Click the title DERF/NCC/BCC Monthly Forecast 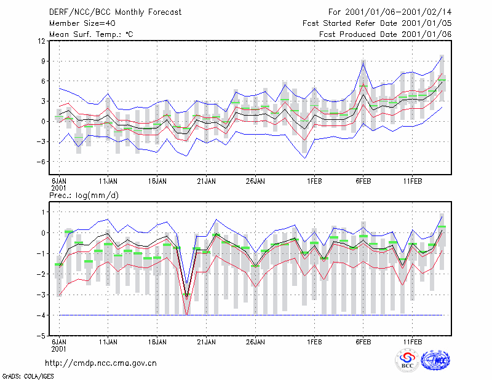[x=115, y=12]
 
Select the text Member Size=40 [x=82, y=23]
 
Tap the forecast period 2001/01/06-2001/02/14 [x=398, y=12]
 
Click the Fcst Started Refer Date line [x=377, y=23]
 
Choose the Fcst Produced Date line [x=385, y=34]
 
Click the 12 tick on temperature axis [x=42, y=41]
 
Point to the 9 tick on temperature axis [x=43, y=61]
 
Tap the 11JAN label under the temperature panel [x=108, y=181]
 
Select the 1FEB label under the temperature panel [x=314, y=181]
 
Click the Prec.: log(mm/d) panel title [x=84, y=196]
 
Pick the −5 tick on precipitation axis [x=41, y=336]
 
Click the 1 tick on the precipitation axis [x=44, y=212]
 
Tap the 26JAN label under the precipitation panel [x=255, y=342]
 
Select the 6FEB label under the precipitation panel [x=363, y=342]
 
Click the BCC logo [x=407, y=360]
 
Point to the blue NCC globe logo [x=435, y=360]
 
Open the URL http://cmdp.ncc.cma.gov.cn [x=101, y=363]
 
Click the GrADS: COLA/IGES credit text [x=28, y=376]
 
